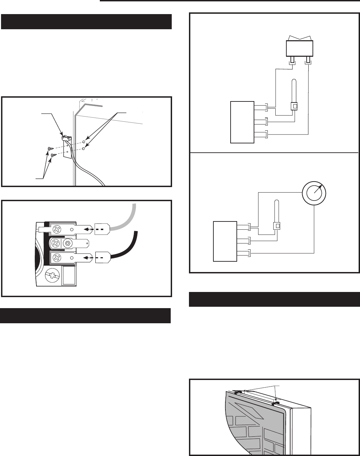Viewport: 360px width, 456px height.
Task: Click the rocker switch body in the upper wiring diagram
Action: [300, 48]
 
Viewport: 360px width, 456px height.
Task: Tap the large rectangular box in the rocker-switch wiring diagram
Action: [242, 122]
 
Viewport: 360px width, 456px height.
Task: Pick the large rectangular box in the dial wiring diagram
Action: [225, 241]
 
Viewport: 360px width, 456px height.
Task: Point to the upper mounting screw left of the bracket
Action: [50, 149]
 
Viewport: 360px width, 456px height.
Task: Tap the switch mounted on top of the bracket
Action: [66, 138]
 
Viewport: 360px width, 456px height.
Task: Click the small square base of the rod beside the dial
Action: [277, 226]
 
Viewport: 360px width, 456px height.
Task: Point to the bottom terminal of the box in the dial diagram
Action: [243, 254]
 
